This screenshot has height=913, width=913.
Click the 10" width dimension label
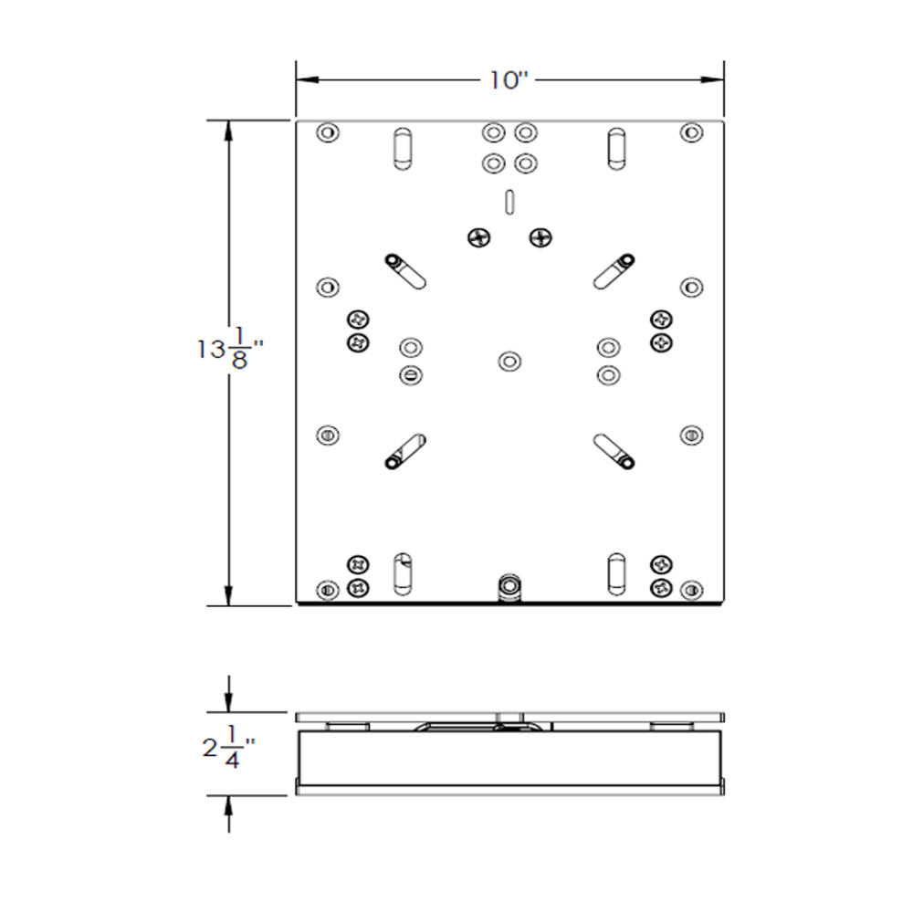[509, 81]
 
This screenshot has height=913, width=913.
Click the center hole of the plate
[509, 361]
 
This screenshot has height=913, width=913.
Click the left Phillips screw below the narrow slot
[478, 237]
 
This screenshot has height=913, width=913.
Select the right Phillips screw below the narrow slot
[540, 237]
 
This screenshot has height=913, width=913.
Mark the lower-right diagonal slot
[613, 448]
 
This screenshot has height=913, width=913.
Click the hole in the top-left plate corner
[326, 133]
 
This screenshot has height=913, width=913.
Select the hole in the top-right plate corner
[691, 133]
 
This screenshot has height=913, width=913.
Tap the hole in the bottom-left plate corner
[326, 589]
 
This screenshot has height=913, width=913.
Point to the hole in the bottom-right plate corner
[691, 589]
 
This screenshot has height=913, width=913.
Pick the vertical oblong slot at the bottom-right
[616, 571]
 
